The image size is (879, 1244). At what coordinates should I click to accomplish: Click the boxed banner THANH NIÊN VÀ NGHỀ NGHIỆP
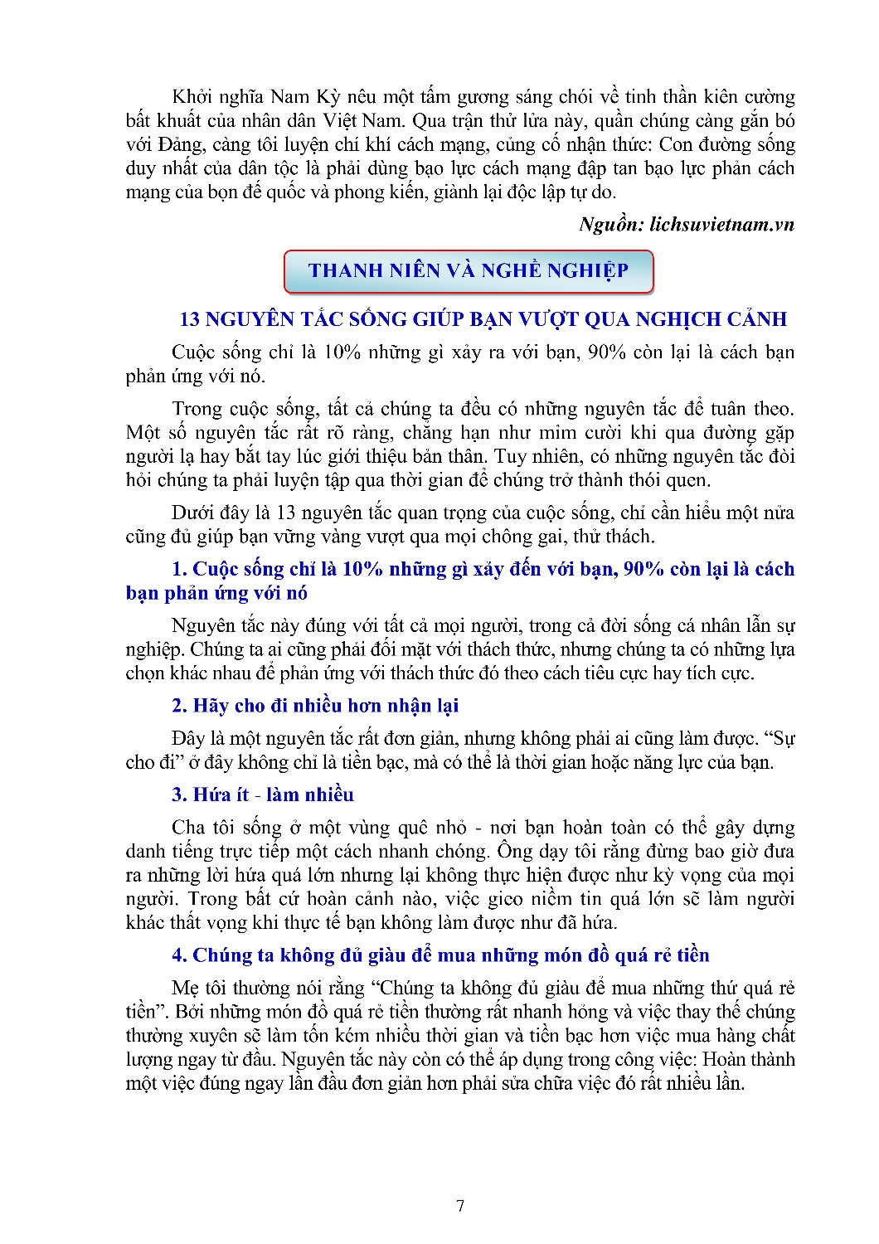469,271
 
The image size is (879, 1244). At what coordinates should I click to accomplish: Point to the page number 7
460,1206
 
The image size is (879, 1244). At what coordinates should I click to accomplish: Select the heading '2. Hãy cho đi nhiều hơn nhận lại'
315,706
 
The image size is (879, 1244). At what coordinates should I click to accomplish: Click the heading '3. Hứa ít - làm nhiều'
263,795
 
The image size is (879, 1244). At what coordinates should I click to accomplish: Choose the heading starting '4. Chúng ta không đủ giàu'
440,955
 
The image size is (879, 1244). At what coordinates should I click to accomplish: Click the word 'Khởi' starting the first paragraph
190,97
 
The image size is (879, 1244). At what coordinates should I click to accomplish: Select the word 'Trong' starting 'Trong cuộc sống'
197,409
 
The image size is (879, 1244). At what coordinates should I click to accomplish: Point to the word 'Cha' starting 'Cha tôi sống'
187,828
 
